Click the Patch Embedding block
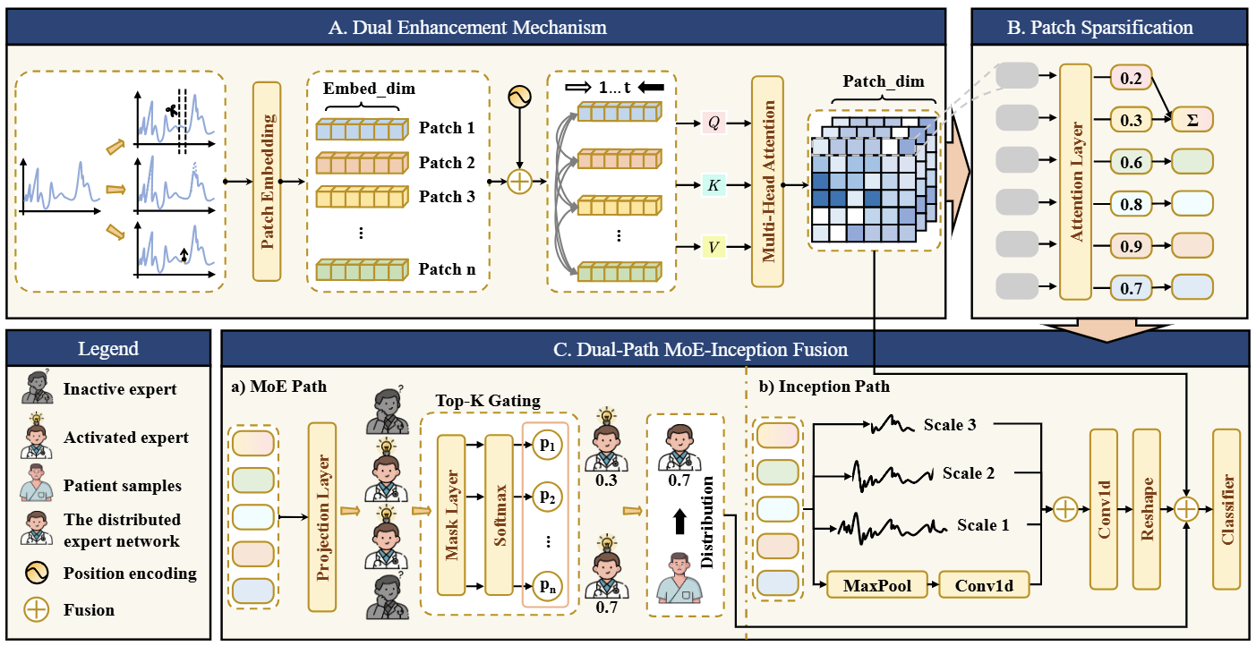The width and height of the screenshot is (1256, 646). pos(267,182)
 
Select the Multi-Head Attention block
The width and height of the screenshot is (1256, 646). pos(767,182)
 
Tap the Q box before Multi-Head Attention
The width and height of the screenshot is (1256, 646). pos(713,123)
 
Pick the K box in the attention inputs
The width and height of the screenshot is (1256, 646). pos(713,185)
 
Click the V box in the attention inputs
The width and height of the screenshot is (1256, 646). pos(713,247)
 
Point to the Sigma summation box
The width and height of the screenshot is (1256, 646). pos(1192,119)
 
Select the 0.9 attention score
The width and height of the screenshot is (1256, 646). pos(1131,246)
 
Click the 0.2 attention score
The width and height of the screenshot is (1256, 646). pos(1131,78)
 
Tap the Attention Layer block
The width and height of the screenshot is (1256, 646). pos(1075,183)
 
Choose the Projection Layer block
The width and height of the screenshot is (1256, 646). pos(322,517)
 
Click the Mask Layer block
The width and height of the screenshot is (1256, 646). pos(451,514)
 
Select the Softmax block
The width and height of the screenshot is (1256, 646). pos(499,514)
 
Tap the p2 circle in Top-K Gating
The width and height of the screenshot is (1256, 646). pos(547,497)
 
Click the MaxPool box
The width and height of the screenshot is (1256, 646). pos(877,585)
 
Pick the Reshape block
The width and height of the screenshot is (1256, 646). pos(1147,509)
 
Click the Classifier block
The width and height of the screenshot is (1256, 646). pos(1226,509)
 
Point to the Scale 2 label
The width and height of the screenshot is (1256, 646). pos(969,473)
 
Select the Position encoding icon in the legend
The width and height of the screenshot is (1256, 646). pos(37,573)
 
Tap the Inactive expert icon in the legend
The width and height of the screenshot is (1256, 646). pos(37,387)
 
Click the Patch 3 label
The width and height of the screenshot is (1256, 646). pos(447,197)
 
